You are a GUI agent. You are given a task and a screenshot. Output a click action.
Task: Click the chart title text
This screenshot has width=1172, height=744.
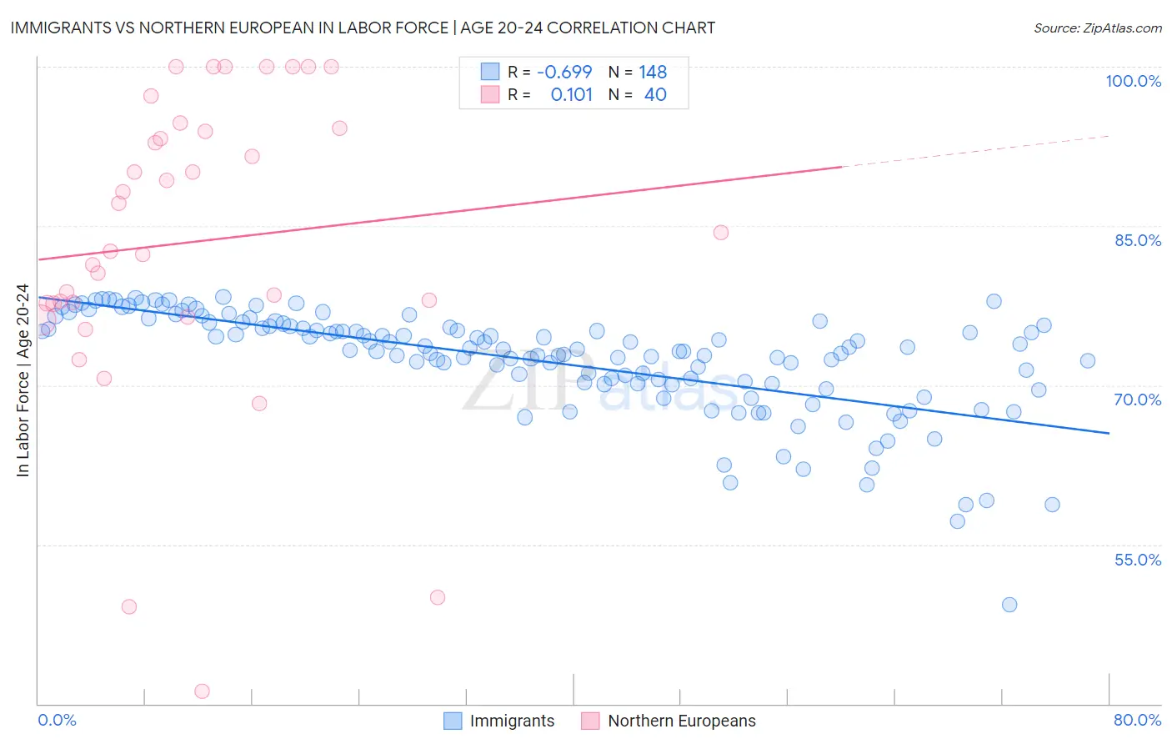(363, 28)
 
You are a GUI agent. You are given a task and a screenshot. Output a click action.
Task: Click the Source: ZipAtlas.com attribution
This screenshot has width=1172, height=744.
(1097, 28)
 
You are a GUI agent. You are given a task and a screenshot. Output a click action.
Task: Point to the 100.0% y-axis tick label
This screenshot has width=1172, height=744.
(1133, 81)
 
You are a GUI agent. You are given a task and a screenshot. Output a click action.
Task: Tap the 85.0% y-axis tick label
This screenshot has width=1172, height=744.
(1138, 240)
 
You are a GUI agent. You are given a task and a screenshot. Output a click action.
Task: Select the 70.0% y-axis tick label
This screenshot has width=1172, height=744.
(1138, 400)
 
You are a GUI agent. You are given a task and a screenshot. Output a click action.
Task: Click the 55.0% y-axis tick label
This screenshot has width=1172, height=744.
(1138, 560)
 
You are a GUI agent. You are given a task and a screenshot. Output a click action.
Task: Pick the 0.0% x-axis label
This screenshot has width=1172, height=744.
(57, 720)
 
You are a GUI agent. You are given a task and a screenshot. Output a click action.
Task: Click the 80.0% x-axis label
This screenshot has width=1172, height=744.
(1137, 720)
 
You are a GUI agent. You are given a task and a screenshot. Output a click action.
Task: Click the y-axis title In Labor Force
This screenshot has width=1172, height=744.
(23, 380)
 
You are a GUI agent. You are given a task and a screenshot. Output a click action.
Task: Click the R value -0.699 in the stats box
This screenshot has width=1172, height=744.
(564, 73)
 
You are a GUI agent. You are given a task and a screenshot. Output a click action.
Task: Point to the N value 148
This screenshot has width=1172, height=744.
(653, 73)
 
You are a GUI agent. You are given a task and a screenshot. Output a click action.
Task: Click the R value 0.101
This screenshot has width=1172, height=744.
(571, 95)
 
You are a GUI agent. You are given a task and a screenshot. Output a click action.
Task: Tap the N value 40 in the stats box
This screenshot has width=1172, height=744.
(655, 95)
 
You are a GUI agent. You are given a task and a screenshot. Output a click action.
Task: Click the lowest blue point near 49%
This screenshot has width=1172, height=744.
(1009, 605)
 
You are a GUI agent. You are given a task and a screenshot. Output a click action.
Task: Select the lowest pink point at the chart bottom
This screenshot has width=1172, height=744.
(202, 691)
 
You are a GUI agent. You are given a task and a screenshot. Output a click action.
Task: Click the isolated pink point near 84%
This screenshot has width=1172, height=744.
(721, 233)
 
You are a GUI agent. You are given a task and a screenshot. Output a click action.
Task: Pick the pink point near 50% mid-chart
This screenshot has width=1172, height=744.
(438, 597)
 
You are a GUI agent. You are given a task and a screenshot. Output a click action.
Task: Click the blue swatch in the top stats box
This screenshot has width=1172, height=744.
(489, 73)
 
